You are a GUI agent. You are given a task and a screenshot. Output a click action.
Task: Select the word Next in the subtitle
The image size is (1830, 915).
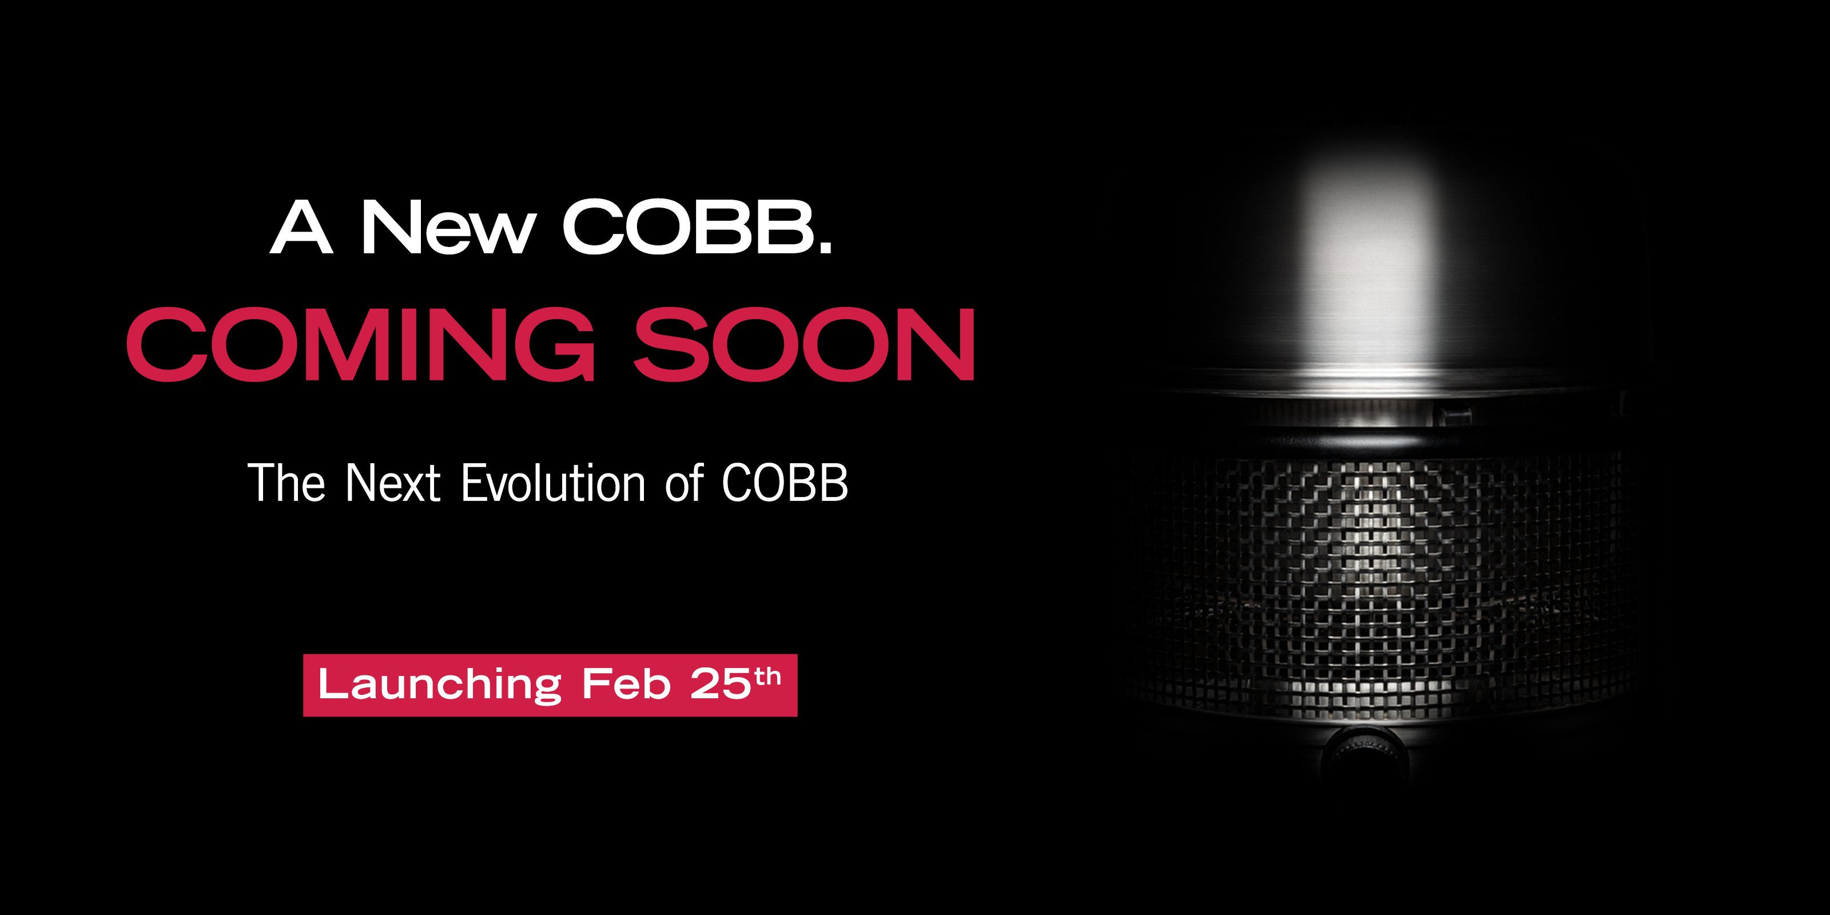pyautogui.click(x=393, y=483)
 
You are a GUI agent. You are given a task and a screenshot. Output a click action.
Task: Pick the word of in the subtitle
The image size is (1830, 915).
pyautogui.click(x=684, y=483)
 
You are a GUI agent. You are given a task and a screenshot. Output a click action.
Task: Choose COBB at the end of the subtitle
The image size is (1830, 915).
pyautogui.click(x=785, y=483)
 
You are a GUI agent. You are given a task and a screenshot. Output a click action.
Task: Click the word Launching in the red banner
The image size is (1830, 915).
pyautogui.click(x=440, y=686)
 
